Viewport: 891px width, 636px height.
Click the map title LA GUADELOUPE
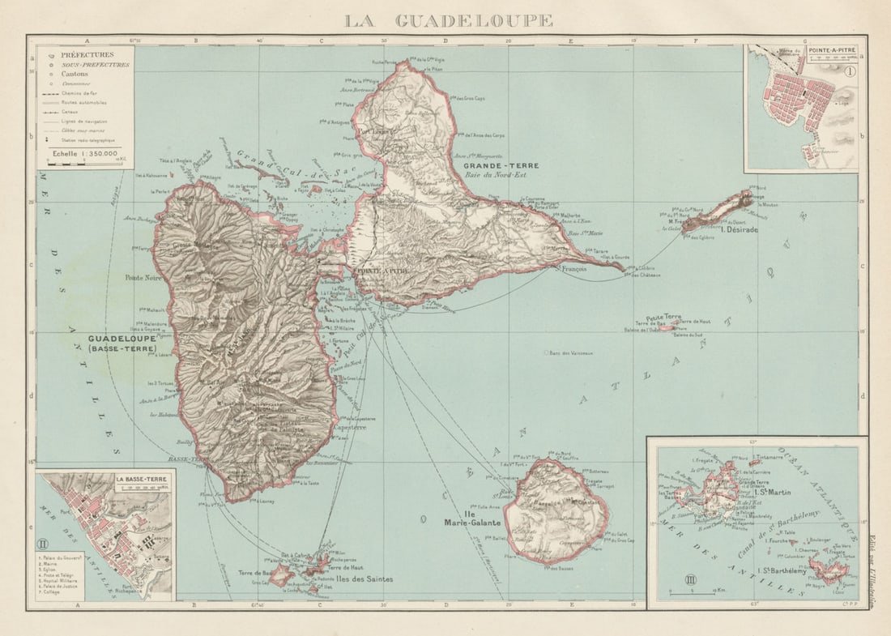pos(449,20)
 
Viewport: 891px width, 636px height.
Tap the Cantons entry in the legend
pos(74,74)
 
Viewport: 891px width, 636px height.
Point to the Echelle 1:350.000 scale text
pos(84,152)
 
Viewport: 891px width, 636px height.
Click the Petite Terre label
pos(663,317)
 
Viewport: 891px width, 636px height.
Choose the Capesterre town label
pos(347,427)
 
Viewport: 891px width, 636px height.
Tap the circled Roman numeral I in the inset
pos(850,71)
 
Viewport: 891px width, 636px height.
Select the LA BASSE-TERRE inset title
pos(142,479)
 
